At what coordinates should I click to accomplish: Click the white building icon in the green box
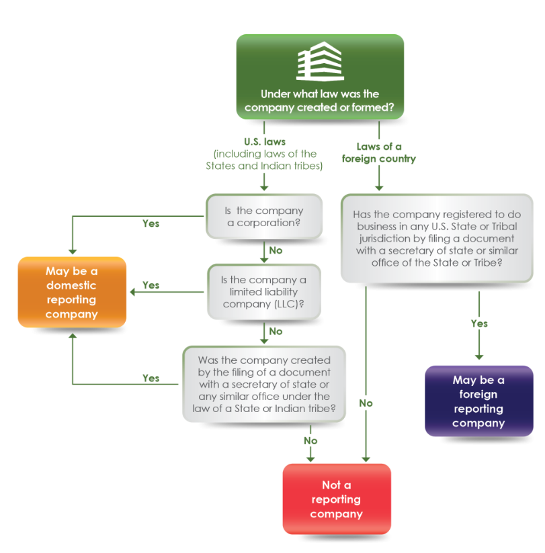pos(320,61)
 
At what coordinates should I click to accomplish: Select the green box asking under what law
pos(320,77)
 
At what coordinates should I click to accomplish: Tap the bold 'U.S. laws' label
pos(264,142)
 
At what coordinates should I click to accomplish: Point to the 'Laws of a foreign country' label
pos(378,152)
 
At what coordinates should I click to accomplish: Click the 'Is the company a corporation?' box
pos(264,217)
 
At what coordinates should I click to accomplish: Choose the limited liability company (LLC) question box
pos(264,292)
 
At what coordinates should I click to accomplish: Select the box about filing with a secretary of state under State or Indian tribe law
pos(264,385)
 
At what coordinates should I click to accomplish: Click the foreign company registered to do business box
pos(437,238)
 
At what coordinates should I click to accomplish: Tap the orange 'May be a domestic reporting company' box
pos(72,292)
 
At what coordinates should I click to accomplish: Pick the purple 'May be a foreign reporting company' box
pos(478,401)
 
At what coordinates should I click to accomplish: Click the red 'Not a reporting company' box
pos(337,499)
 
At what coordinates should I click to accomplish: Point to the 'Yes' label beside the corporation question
pos(151,223)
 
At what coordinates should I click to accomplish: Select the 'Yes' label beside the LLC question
pos(151,285)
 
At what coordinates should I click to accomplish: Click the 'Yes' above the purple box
pos(479,323)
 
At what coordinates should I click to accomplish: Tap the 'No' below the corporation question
pos(276,250)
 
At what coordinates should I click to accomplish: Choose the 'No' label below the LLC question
pos(276,332)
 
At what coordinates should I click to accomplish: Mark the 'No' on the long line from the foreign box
pos(366,403)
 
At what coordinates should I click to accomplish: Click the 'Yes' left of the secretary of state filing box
pos(151,379)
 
